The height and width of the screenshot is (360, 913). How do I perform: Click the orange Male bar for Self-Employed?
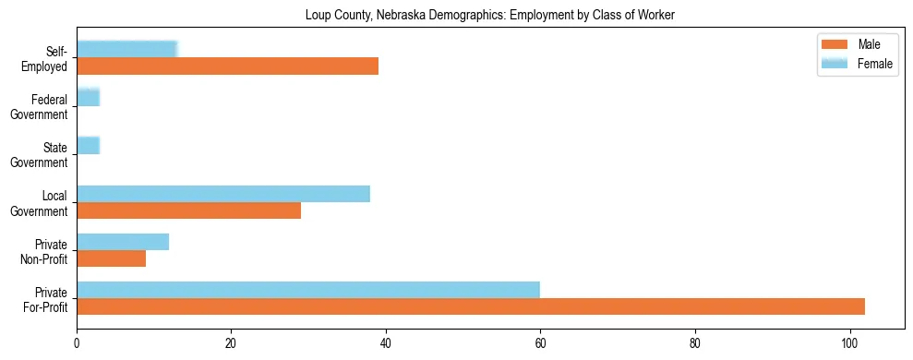click(227, 66)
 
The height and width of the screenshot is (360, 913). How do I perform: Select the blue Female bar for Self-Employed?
click(126, 50)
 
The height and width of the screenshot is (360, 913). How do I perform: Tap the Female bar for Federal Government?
click(88, 98)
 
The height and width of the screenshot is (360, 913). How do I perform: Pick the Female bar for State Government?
click(88, 146)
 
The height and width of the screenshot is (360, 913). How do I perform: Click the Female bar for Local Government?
click(222, 194)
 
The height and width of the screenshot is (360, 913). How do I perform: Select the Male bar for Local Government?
click(188, 210)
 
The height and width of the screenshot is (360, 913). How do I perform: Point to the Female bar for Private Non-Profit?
click(123, 242)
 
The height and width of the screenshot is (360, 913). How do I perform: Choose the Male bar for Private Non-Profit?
click(111, 258)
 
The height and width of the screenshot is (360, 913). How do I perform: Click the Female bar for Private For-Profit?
click(307, 290)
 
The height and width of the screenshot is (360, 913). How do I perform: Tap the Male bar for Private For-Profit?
click(470, 306)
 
